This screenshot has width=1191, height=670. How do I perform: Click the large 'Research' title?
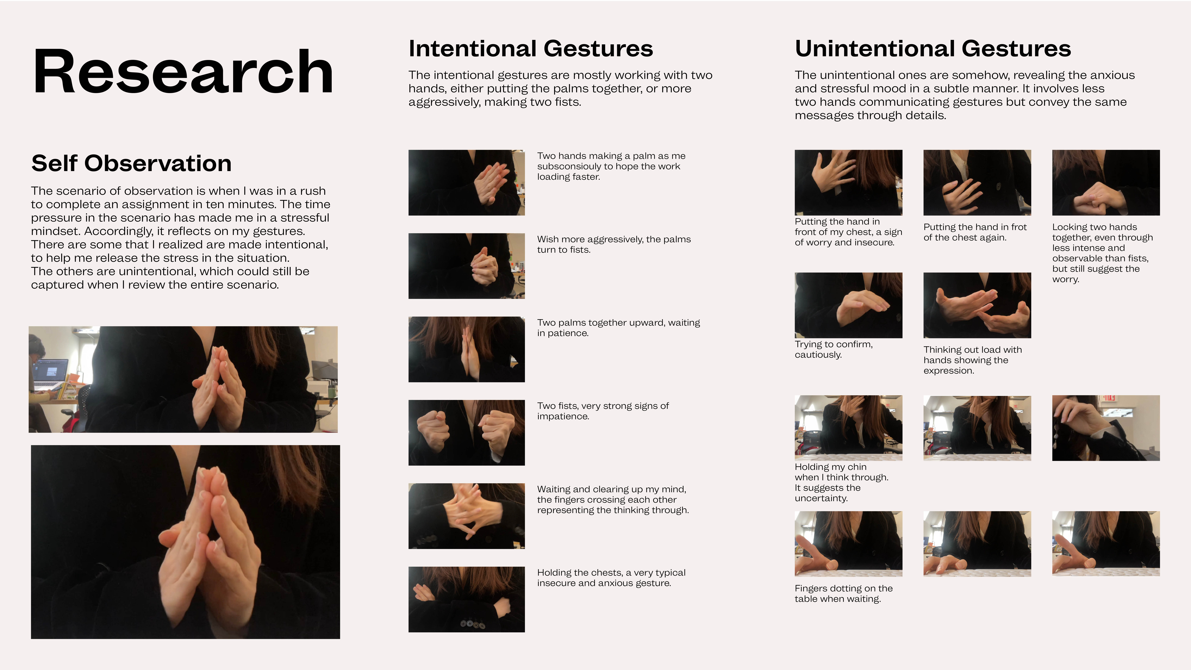(183, 72)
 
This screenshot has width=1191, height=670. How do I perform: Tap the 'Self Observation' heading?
(131, 163)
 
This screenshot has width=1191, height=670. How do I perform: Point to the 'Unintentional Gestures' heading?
(933, 49)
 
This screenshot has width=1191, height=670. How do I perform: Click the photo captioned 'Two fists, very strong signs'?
(467, 432)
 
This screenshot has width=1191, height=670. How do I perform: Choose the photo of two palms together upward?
(467, 349)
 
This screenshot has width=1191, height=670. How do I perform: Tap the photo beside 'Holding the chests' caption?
(467, 599)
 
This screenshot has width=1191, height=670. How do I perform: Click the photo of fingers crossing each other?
(467, 516)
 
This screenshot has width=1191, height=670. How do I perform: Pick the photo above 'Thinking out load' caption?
(977, 305)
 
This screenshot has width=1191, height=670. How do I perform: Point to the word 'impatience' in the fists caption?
(563, 416)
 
